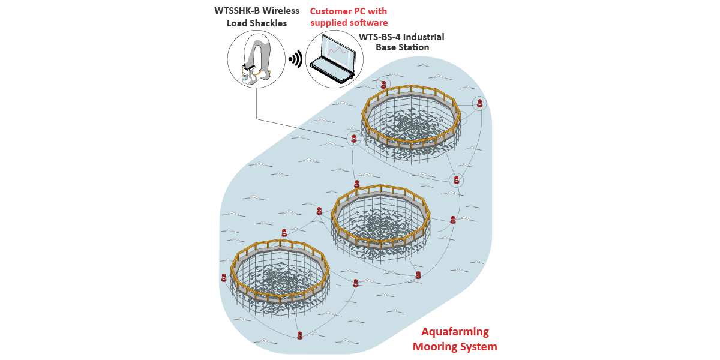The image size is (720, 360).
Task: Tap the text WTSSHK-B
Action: pos(235,11)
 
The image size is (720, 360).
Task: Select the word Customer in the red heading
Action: pos(332,11)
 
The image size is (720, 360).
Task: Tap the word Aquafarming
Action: pos(455,332)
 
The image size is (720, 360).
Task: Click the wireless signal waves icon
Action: pos(295,59)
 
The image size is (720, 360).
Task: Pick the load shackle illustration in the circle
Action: pos(255,60)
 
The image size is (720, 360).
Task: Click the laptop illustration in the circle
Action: pos(334,59)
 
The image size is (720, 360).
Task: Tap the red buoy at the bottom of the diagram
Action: pos(299,335)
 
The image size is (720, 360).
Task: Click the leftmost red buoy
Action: pos(224,278)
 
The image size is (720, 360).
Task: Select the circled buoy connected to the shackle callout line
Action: pos(354,139)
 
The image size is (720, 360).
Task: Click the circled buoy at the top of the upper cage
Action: pos(383,85)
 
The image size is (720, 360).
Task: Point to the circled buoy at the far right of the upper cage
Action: pos(479,103)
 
